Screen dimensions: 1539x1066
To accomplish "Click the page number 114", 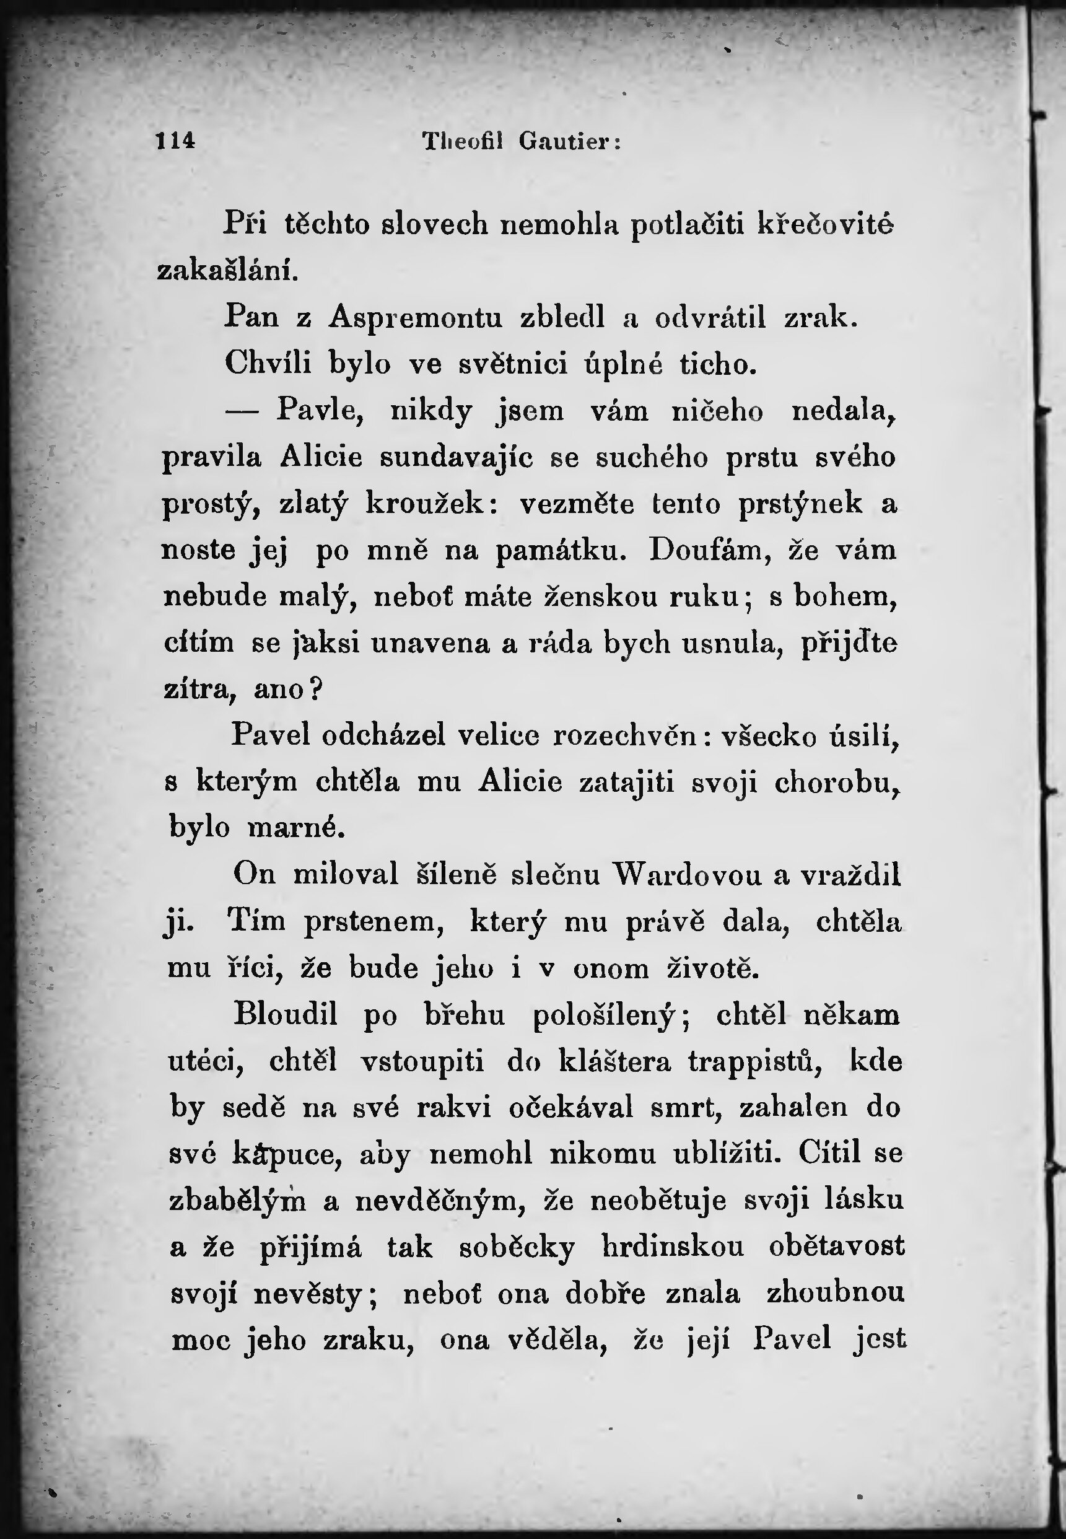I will (x=175, y=141).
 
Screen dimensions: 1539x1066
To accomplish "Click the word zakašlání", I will (x=227, y=271).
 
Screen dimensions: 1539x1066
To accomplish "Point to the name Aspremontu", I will (x=415, y=317).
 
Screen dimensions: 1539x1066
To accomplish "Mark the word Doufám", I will (x=710, y=550).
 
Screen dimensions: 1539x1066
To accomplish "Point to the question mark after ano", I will (x=317, y=689).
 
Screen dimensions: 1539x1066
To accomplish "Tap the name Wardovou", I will (x=688, y=875).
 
